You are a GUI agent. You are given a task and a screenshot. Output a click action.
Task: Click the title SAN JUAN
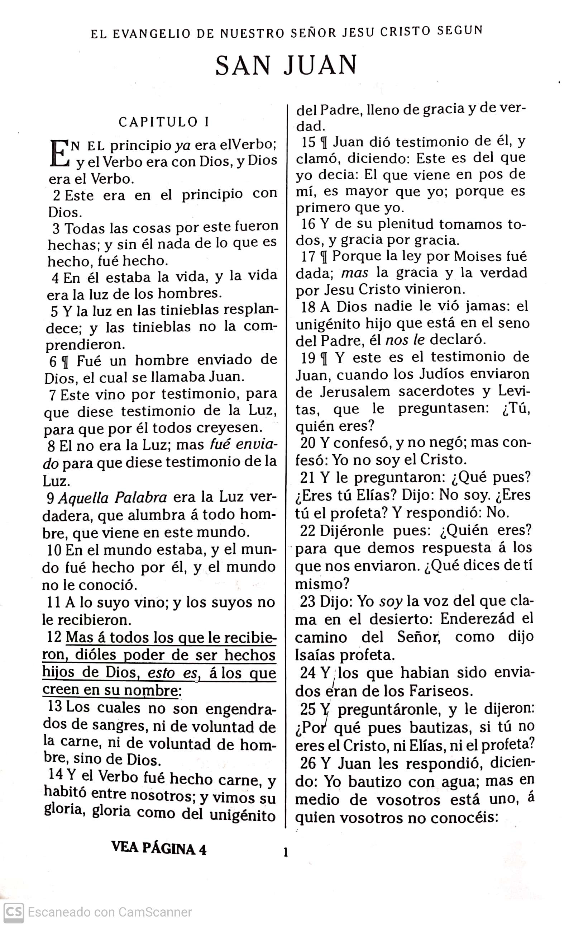286,65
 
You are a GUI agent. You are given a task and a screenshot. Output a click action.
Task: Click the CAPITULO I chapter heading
163,122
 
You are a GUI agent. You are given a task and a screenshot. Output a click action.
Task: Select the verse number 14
56,774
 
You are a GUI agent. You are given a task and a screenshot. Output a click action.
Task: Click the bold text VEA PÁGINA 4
159,848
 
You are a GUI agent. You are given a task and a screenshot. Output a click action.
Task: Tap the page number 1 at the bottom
285,852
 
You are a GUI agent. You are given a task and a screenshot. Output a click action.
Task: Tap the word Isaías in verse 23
315,656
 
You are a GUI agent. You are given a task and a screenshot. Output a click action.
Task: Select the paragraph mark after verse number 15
324,143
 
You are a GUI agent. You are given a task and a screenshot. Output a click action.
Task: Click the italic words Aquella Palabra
113,498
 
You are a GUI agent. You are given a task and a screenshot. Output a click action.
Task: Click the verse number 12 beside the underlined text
54,637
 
